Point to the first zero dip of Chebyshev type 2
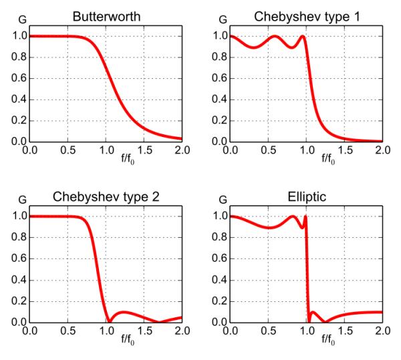point(109,322)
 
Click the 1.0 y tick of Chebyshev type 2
point(19,216)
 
